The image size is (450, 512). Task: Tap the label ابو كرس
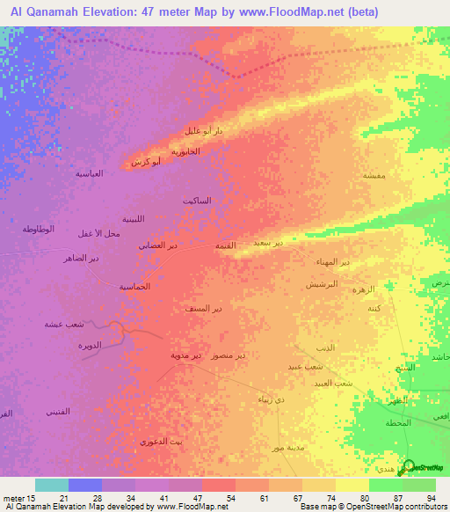pos(144,163)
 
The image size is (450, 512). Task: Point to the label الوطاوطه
pos(39,229)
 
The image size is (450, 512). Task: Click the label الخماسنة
pos(134,287)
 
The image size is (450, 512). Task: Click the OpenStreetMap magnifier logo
pos(409,466)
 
